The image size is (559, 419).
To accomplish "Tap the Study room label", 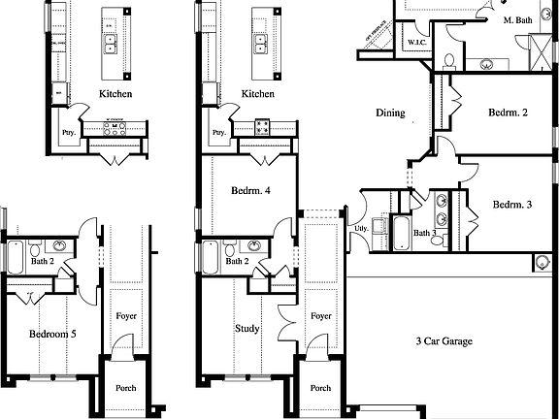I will coord(247,328).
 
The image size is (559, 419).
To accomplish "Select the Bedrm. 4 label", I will coord(250,191).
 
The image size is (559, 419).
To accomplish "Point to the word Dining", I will coord(390,113).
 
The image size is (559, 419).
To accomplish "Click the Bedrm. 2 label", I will coord(509,113).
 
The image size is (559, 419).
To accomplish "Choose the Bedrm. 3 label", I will coord(512,205).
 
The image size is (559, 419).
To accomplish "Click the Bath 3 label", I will coord(424,233).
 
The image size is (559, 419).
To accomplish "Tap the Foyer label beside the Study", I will coord(321,316).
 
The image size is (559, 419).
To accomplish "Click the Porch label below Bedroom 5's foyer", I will coord(125,388).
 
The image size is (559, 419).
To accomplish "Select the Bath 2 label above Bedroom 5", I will coord(42,262).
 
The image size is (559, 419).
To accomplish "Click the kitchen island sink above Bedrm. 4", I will coord(261,43).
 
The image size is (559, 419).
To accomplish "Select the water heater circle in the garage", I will coord(541,262).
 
